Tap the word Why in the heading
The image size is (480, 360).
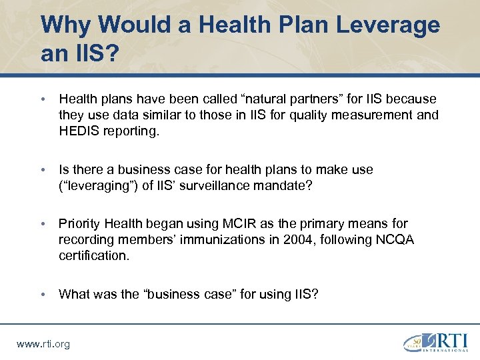pyautogui.click(x=65, y=25)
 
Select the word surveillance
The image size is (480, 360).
pyautogui.click(x=189, y=185)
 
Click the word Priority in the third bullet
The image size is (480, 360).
pyautogui.click(x=81, y=223)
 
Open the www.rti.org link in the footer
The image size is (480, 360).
pyautogui.click(x=43, y=344)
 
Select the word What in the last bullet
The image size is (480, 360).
pyautogui.click(x=75, y=294)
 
